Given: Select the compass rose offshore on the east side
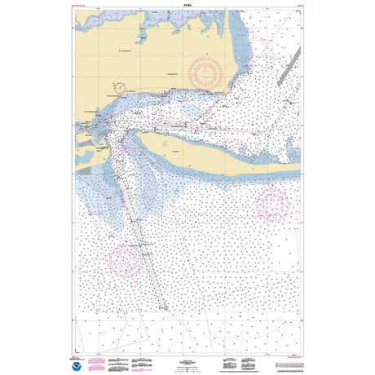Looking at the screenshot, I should point(272,204).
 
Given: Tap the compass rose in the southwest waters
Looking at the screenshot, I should point(126,260).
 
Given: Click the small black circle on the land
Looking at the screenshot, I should point(120,86).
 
